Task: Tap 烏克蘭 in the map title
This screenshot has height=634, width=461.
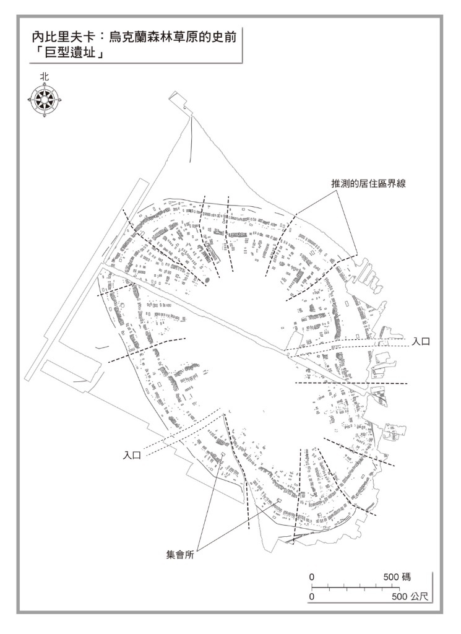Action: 129,38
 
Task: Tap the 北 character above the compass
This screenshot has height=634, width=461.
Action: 45,76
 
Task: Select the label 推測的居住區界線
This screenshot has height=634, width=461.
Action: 368,183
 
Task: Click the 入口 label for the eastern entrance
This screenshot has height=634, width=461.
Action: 421,342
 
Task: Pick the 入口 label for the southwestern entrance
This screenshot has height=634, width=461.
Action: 132,456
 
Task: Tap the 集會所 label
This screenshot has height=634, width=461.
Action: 180,555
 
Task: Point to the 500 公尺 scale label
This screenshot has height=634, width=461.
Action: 410,596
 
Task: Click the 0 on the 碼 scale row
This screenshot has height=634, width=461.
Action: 311,577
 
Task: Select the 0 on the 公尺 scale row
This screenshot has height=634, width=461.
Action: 311,596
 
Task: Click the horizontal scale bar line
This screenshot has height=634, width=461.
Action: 355,587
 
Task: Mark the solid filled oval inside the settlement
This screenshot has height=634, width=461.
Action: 207,280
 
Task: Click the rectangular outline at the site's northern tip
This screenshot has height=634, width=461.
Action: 178,102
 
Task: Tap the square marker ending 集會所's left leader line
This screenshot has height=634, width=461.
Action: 222,454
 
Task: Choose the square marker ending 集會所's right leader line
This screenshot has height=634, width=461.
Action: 278,500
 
